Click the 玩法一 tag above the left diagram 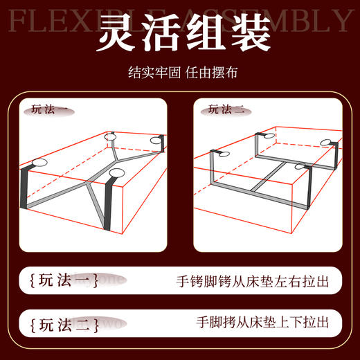48,109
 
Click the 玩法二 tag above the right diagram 226,109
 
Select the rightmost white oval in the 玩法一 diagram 158,143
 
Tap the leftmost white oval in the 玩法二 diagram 222,156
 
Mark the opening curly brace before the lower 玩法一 32,282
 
